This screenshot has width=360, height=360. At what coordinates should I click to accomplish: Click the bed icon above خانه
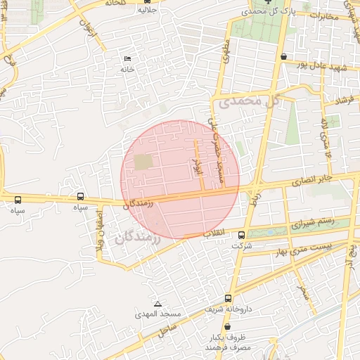click(x=127, y=58)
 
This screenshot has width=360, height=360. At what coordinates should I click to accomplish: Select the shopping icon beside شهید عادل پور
click(x=283, y=56)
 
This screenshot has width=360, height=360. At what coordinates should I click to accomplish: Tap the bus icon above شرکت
click(x=242, y=235)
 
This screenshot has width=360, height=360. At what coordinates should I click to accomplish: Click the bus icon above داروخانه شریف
click(x=228, y=298)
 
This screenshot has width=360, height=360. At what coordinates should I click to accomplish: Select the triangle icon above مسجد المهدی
click(x=157, y=304)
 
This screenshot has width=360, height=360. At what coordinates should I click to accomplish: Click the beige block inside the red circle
click(x=143, y=162)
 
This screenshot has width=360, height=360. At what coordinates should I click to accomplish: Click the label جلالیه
click(x=146, y=10)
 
